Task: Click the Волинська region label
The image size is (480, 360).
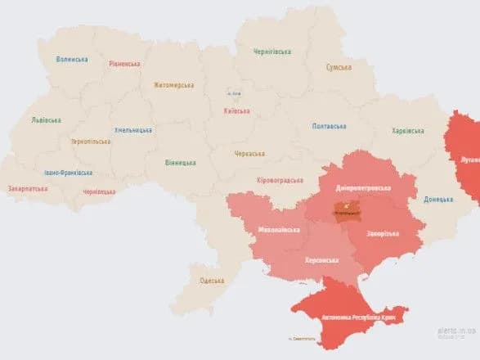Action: (71, 59)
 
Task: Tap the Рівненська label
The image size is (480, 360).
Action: (124, 64)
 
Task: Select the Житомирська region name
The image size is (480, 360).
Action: (174, 84)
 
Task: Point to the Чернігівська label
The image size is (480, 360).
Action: (272, 52)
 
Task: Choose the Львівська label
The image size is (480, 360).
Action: (46, 119)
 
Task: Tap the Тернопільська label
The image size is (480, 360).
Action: (91, 141)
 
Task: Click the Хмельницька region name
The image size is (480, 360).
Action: (133, 130)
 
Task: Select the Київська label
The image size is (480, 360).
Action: (237, 111)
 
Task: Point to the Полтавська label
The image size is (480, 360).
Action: (329, 126)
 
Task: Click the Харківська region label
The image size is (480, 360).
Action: (408, 130)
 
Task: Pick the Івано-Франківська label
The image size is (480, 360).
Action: (69, 173)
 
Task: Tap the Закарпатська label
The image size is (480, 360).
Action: (29, 188)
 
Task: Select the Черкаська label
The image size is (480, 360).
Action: (249, 153)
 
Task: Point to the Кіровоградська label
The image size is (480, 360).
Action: (280, 180)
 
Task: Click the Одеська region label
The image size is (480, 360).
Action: (212, 281)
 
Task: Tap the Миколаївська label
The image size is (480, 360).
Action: (278, 229)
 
